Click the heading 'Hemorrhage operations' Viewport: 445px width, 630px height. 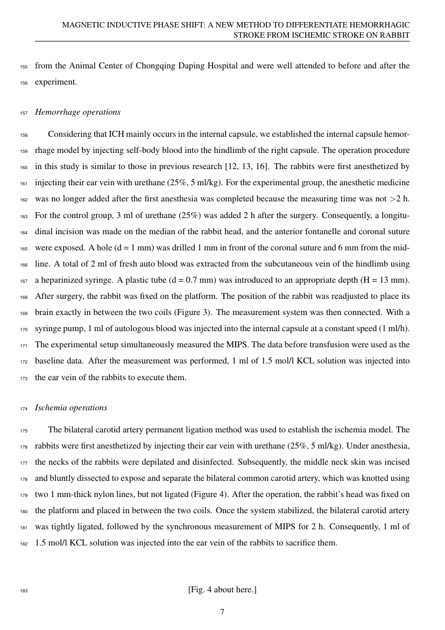tap(77, 112)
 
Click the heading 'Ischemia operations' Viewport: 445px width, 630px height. tap(71, 408)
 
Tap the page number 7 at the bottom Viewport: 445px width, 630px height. tap(222, 611)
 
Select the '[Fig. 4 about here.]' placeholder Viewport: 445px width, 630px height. tap(222, 590)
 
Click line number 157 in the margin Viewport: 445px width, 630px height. tap(23, 113)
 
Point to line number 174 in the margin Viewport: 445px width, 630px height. tap(23, 408)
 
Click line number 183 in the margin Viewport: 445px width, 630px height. tap(23, 590)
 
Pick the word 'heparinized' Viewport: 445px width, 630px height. tap(63, 281)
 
